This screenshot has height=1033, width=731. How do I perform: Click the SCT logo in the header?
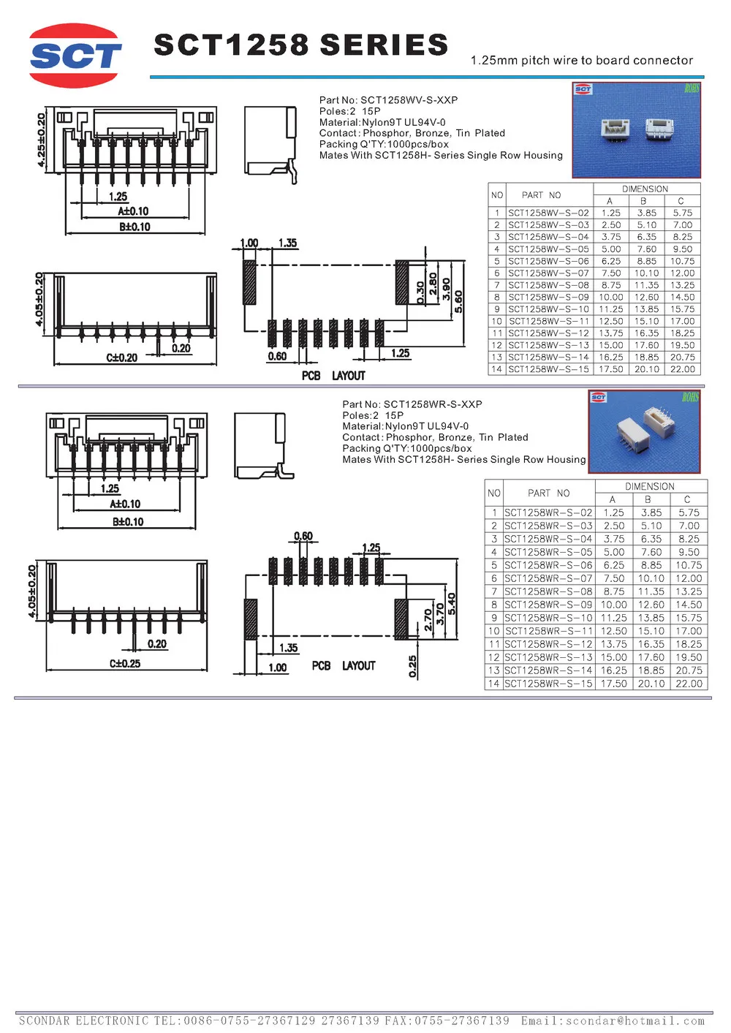pos(75,56)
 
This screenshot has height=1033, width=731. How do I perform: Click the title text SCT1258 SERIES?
pos(300,45)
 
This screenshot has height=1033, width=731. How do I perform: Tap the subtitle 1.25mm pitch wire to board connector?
pos(581,61)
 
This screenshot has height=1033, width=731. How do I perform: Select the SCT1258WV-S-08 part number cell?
pos(548,285)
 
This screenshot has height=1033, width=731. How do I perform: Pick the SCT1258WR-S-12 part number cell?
pos(548,644)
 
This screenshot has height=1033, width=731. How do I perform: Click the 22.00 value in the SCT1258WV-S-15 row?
pos(683,369)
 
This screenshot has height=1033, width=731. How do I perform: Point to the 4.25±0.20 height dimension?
pos(42,140)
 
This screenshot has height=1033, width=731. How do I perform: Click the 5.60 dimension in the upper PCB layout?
pos(458,300)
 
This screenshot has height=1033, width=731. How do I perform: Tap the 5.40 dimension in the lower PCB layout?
pos(452,603)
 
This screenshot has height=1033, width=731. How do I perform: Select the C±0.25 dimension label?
pos(125,664)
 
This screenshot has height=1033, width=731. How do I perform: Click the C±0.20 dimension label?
pos(122,357)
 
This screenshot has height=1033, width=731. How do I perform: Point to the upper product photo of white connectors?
pos(636,130)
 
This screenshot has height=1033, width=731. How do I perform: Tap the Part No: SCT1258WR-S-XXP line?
pos(412,404)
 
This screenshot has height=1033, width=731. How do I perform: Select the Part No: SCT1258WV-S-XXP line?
pos(388,100)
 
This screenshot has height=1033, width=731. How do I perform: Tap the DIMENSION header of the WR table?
pos(650,486)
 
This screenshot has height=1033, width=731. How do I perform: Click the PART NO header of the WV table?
pos(541,195)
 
